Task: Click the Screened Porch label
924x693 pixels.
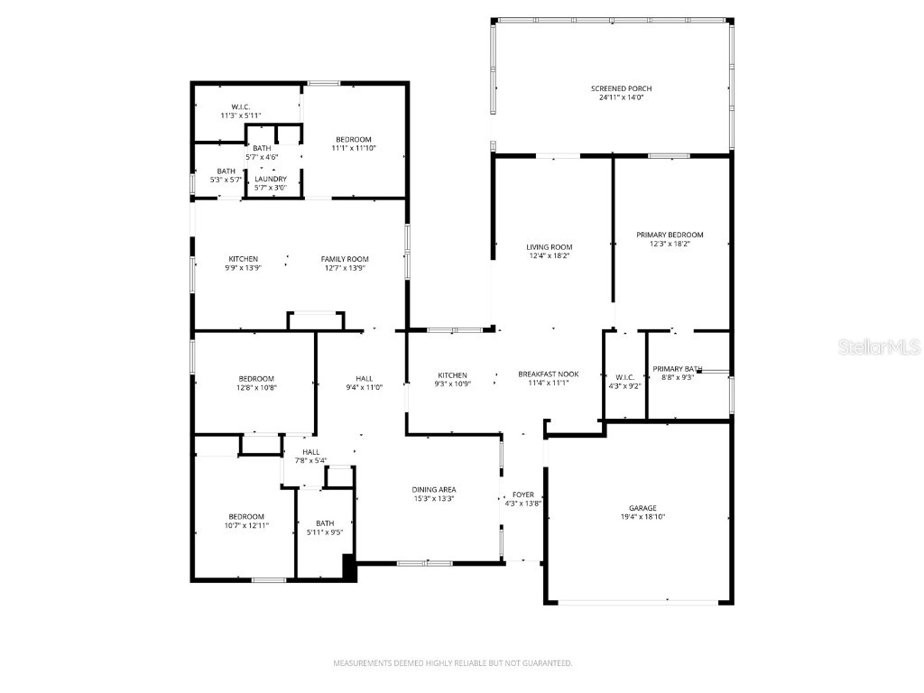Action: [x=621, y=88]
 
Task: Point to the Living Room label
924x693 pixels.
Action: [x=550, y=247]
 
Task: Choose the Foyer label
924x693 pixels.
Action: [x=523, y=494]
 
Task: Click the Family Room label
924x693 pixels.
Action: [x=345, y=259]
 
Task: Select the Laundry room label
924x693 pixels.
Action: [x=271, y=179]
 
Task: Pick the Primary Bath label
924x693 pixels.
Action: [x=678, y=368]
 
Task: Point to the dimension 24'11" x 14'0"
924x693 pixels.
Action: [x=621, y=97]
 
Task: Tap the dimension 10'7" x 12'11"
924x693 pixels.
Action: [x=245, y=525]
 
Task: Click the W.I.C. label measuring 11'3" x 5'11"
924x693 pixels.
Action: [x=240, y=106]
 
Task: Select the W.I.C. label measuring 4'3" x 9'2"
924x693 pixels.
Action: [x=625, y=377]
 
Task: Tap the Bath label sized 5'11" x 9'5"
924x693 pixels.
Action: [x=325, y=522]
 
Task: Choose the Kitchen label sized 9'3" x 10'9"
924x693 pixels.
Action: [x=452, y=374]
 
